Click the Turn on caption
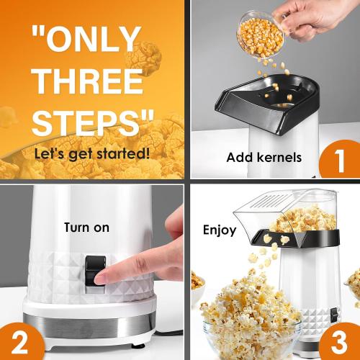86,228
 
